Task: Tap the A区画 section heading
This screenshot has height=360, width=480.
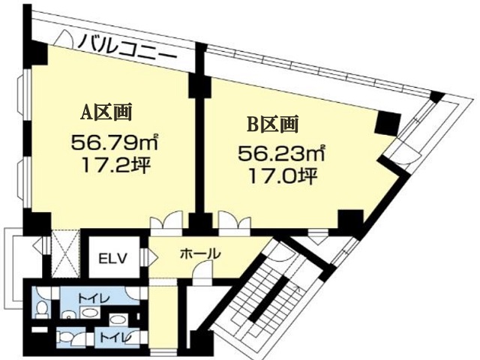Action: point(106,112)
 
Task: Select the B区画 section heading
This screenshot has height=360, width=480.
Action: point(273,124)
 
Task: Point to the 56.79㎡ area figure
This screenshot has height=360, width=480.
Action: point(115,142)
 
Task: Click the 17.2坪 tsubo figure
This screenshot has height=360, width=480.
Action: point(115,166)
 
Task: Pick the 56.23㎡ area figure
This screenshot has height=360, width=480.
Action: point(281,153)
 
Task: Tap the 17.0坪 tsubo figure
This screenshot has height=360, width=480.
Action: point(282,176)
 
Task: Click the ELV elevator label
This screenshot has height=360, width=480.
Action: point(112,259)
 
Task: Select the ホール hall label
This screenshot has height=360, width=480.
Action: point(200,253)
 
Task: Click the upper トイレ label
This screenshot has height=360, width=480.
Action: point(93,298)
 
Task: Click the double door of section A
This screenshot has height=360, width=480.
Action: point(166,220)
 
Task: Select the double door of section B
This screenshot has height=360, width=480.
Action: point(235,220)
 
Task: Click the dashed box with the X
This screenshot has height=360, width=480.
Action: point(65,253)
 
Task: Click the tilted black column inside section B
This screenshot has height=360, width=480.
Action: point(388,123)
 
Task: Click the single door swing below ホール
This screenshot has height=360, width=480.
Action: point(202,272)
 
